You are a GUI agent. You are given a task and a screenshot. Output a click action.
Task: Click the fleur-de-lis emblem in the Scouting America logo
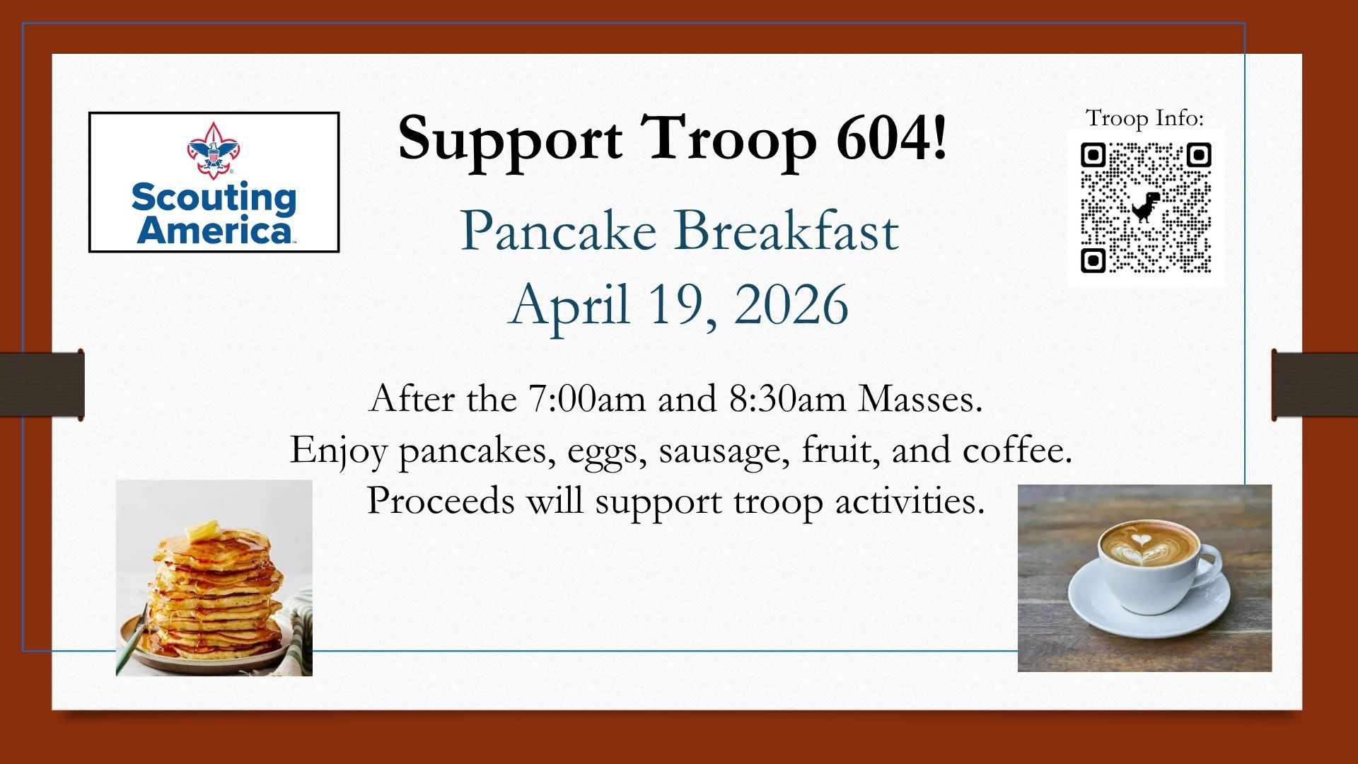click(x=214, y=149)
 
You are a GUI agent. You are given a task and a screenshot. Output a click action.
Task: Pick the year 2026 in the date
click(x=791, y=304)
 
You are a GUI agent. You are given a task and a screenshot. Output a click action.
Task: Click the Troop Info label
click(x=1144, y=118)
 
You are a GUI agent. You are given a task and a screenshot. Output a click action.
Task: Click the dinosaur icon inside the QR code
click(x=1146, y=207)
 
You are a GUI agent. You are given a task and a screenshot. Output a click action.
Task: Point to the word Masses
click(x=920, y=400)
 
